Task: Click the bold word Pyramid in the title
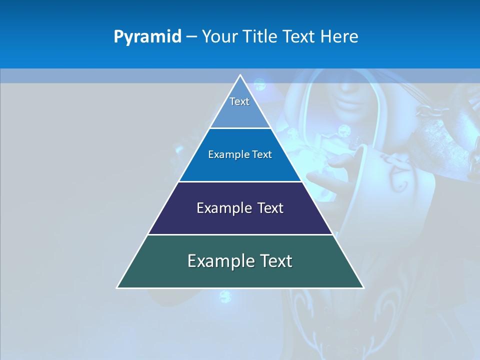tap(147, 37)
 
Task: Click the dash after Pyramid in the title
tap(191, 37)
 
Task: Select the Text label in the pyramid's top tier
tap(239, 101)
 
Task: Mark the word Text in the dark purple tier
tap(270, 208)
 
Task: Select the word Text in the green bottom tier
tap(275, 261)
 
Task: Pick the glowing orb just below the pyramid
tap(225, 296)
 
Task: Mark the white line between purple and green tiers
tap(240, 234)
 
